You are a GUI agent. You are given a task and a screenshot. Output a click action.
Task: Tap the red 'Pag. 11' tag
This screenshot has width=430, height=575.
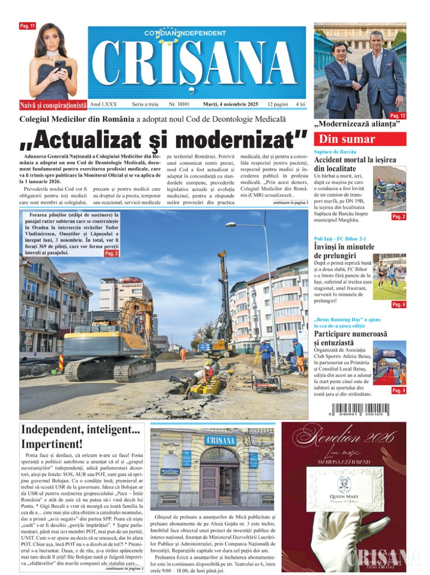[x=27, y=26]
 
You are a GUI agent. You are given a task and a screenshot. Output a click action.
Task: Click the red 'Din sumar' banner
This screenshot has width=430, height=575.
[x=359, y=139]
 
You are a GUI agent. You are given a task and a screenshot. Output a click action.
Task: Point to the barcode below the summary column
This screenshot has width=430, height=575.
[x=360, y=409]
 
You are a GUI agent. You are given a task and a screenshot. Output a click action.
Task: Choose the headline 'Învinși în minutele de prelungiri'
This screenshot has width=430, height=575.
[x=344, y=251]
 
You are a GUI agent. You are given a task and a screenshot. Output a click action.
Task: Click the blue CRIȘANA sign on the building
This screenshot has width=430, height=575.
[x=220, y=440]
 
